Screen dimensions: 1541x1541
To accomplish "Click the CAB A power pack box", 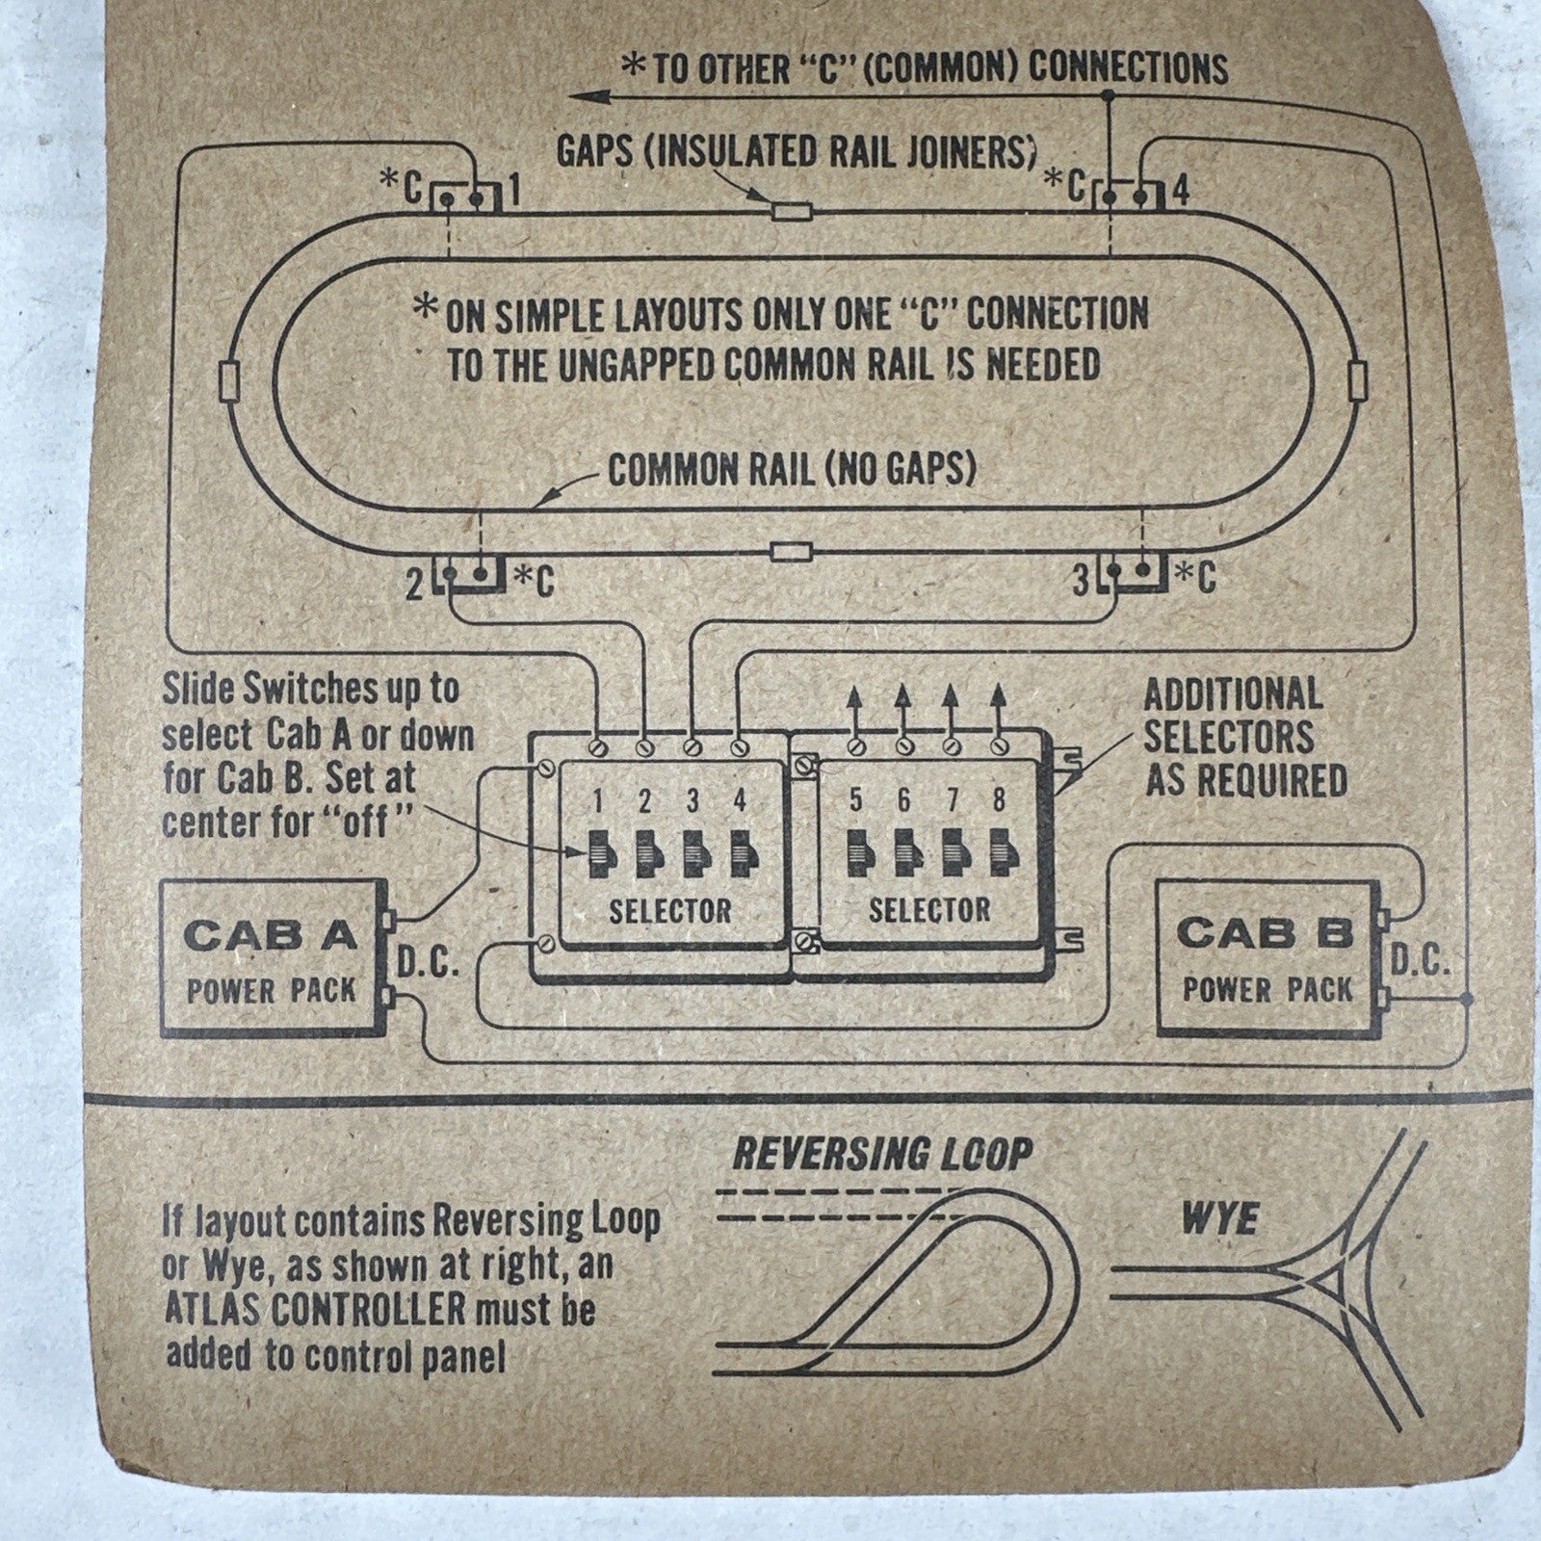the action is tap(272, 958).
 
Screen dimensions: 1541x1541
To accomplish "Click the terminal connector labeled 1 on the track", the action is tap(464, 197).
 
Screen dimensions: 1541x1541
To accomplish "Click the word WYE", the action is tap(1219, 1220).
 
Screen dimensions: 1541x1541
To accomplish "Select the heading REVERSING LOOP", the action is tap(880, 1153).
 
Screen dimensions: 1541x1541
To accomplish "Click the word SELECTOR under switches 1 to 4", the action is tap(669, 910).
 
